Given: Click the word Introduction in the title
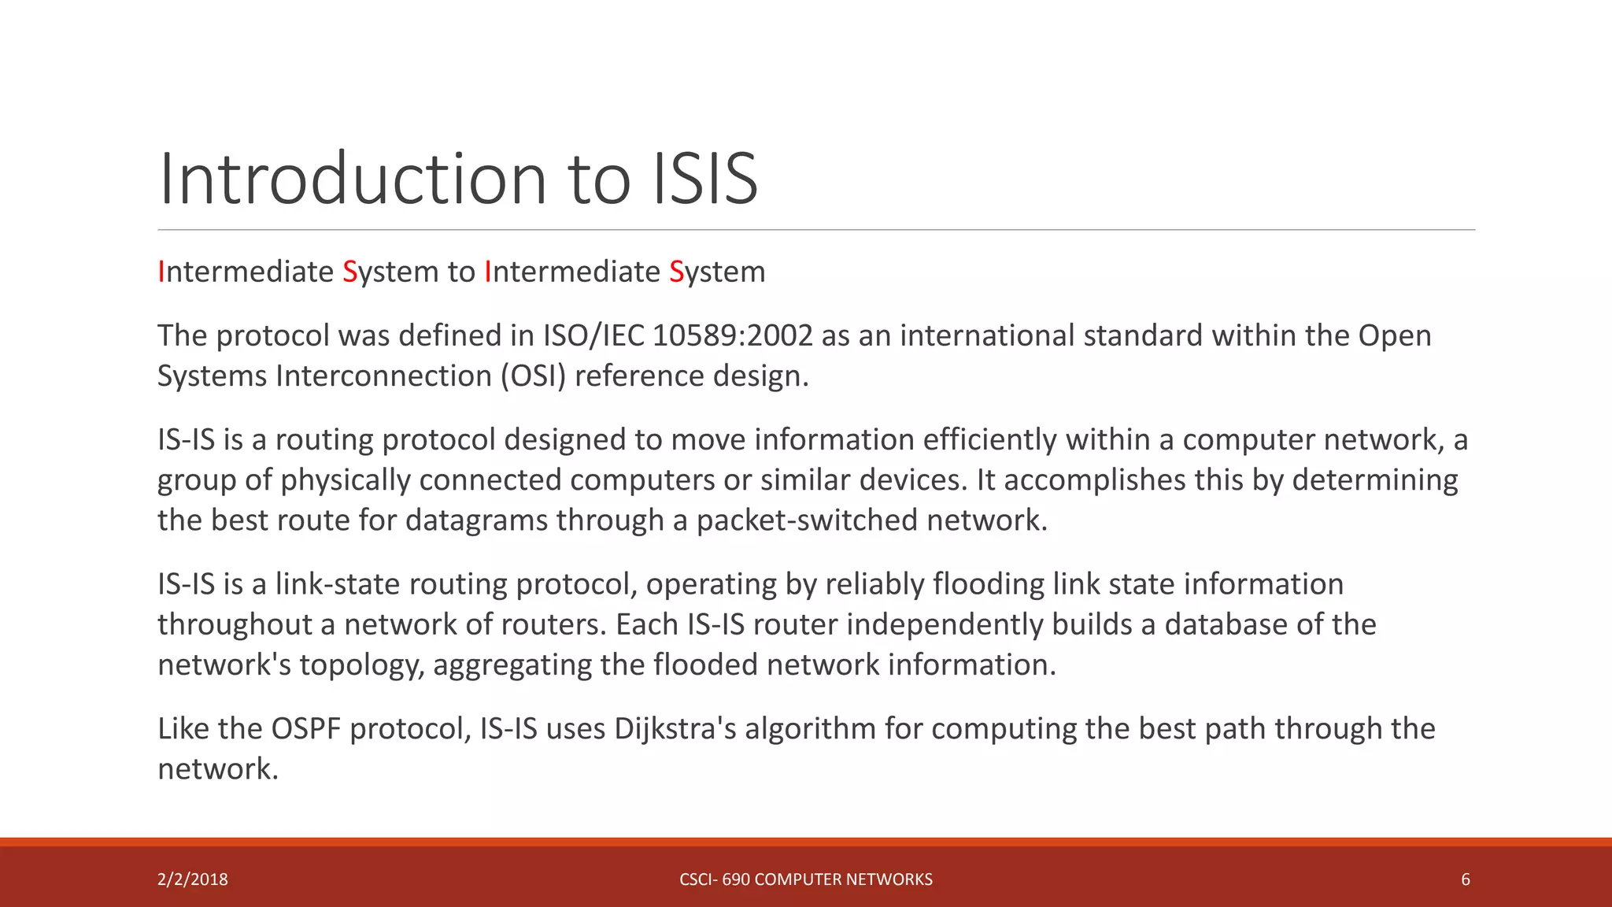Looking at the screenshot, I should pyautogui.click(x=353, y=179).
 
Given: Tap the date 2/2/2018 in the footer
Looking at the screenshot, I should pyautogui.click(x=193, y=879).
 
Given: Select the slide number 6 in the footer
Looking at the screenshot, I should pyautogui.click(x=1465, y=879).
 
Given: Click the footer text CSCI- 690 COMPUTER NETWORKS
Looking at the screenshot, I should pyautogui.click(x=805, y=879).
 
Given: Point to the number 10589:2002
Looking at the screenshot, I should pyautogui.click(x=732, y=335).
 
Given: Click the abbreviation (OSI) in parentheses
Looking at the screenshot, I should pyautogui.click(x=533, y=376).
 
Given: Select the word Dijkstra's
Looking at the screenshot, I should pyautogui.click(x=675, y=728).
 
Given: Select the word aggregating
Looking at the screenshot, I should pyautogui.click(x=512, y=665).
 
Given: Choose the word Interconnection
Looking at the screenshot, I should pyautogui.click(x=383, y=376).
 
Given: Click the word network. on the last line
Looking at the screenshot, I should pyautogui.click(x=218, y=769).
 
